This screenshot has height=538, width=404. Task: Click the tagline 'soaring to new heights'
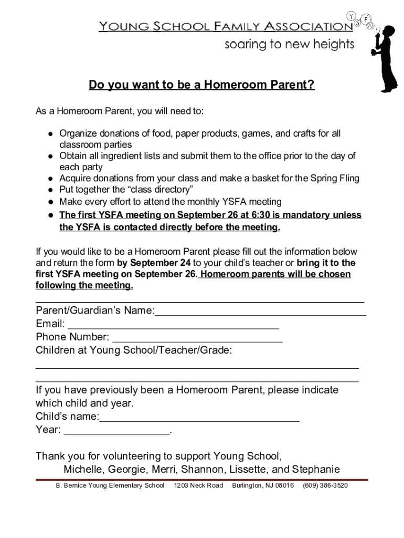pyautogui.click(x=290, y=45)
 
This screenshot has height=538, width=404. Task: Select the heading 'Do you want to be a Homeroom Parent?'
pyautogui.click(x=201, y=85)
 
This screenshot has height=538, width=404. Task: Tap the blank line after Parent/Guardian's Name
pyautogui.click(x=260, y=314)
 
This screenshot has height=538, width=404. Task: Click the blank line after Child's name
pyautogui.click(x=199, y=421)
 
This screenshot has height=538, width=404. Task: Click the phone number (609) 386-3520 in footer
pyautogui.click(x=325, y=485)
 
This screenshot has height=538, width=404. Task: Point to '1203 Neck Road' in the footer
pyautogui.click(x=198, y=485)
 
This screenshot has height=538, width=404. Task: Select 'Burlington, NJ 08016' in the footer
pyautogui.click(x=263, y=485)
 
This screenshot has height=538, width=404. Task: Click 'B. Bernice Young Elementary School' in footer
pyautogui.click(x=110, y=485)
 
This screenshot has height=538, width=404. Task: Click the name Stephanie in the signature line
pyautogui.click(x=316, y=469)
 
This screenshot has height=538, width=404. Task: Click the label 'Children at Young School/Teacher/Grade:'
pyautogui.click(x=134, y=350)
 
